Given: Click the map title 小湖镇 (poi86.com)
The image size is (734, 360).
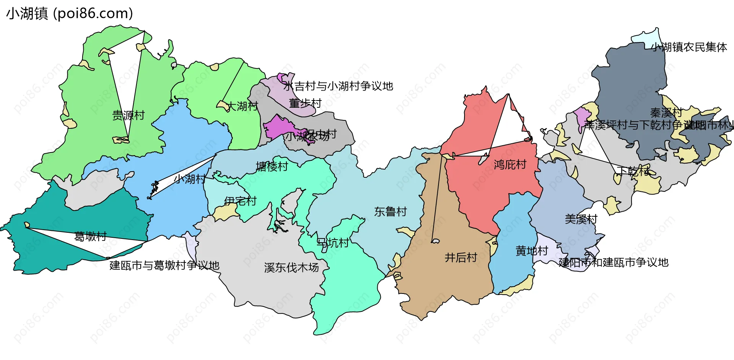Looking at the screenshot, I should (x=70, y=13).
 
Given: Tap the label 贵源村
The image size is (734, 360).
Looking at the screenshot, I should (x=128, y=115).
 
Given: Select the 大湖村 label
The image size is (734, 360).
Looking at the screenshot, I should (x=243, y=106).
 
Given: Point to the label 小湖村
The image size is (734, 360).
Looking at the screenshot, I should (x=190, y=178).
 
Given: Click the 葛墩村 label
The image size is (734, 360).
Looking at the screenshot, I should (x=90, y=237).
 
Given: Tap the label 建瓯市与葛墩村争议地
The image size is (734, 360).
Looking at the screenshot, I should (x=164, y=265).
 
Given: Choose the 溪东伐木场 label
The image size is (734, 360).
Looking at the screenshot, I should (x=291, y=268).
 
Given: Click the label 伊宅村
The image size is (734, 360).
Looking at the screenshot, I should (x=240, y=201).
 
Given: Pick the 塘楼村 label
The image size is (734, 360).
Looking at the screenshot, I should (x=272, y=167).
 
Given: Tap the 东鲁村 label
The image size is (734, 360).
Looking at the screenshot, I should (x=390, y=211).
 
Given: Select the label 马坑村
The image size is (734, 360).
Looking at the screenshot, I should (x=333, y=243).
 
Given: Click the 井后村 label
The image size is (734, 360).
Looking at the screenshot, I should (x=461, y=258).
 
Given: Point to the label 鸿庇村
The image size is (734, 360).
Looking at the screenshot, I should (x=510, y=165).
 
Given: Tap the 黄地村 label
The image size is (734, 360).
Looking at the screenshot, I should (x=532, y=251).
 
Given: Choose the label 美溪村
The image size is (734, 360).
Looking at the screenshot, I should (x=581, y=219).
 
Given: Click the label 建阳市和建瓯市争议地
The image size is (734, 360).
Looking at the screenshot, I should (x=614, y=263).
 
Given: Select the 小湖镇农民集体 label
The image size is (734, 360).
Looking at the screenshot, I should (x=689, y=47).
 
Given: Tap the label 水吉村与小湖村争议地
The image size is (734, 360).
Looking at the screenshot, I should (x=338, y=86).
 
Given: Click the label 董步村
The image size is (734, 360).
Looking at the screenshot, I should (x=305, y=103).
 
